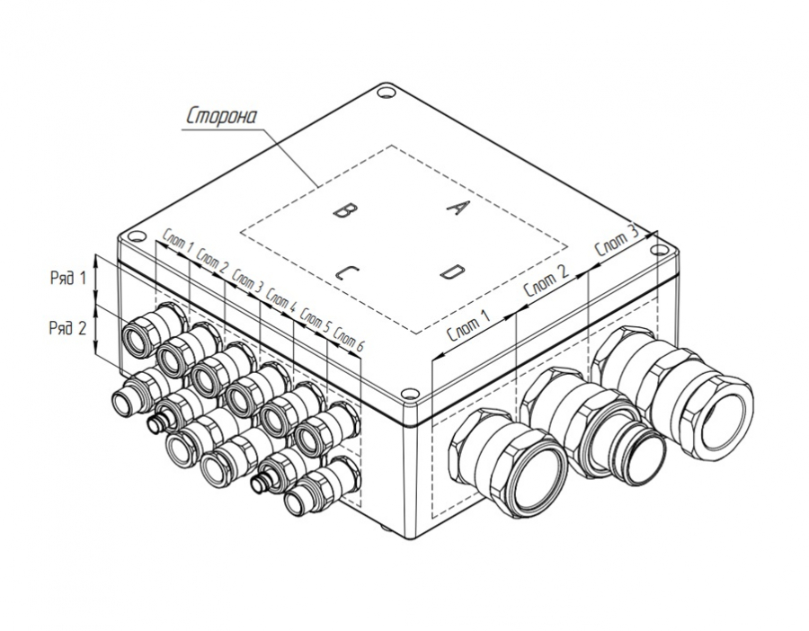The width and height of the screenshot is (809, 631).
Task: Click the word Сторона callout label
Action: pyautogui.click(x=221, y=117)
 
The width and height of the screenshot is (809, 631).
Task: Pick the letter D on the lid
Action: pyautogui.click(x=454, y=271)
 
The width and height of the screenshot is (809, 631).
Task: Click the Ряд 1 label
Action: pyautogui.click(x=68, y=279)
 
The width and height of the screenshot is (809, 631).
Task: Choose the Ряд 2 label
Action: pyautogui.click(x=67, y=327)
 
